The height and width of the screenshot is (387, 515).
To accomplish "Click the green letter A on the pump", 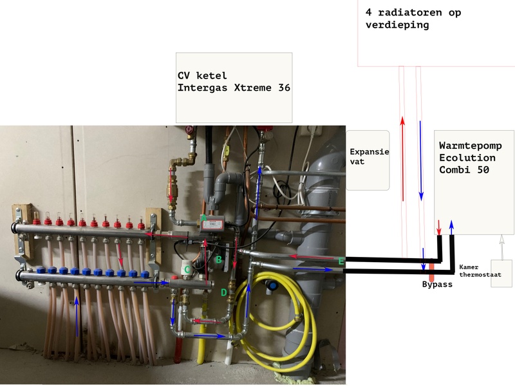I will click(204, 218).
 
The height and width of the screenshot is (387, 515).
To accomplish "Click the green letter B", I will click(219, 260).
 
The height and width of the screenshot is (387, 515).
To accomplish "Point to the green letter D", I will click(224, 293).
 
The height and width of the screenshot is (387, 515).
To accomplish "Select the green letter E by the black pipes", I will click(341, 261).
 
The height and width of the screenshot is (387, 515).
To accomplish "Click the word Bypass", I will click(437, 284).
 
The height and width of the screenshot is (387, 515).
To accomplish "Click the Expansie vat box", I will click(368, 160).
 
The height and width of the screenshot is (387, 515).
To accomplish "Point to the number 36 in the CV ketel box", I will click(281, 88).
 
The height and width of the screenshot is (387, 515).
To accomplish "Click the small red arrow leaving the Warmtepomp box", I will click(440, 227).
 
